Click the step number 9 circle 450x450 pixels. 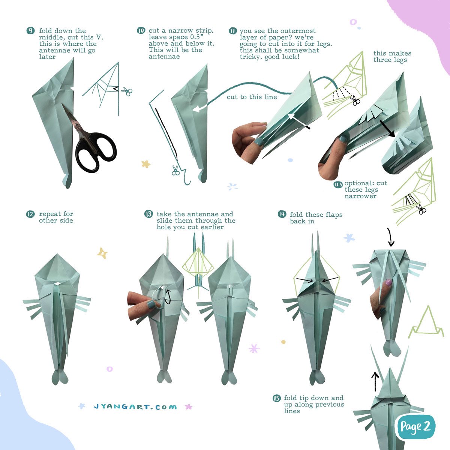(x=30, y=31)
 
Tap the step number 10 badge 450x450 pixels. (x=141, y=31)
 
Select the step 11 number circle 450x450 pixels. (x=232, y=31)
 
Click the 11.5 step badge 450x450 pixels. (x=338, y=184)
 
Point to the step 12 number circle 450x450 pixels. (x=30, y=214)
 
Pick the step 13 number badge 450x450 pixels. (x=148, y=214)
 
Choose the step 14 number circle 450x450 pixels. (x=282, y=214)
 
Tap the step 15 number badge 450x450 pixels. (x=277, y=398)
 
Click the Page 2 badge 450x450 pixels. (x=415, y=427)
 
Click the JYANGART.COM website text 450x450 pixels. (x=135, y=407)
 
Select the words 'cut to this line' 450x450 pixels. (x=252, y=97)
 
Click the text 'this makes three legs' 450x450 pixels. (x=392, y=57)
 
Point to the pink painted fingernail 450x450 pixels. (x=388, y=282)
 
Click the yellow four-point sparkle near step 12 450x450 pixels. (x=102, y=253)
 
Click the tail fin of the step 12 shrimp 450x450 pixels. (x=60, y=377)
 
